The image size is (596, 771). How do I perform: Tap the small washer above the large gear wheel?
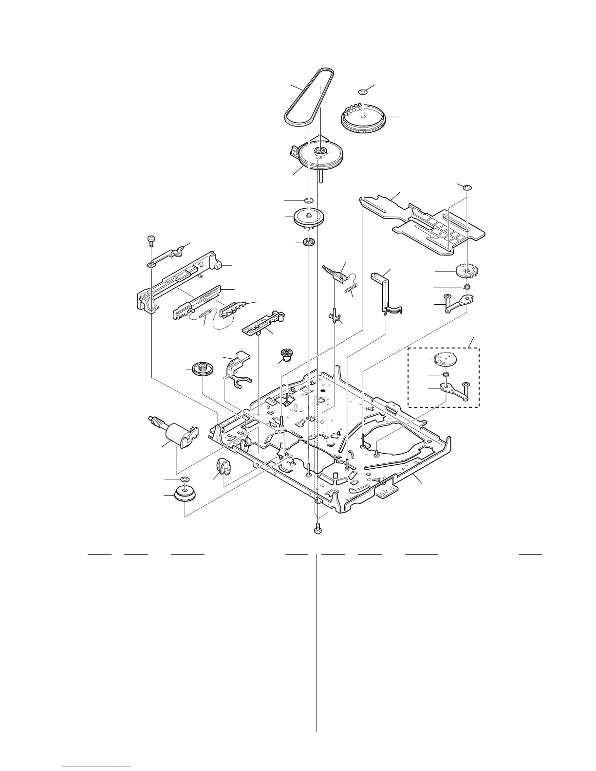363,92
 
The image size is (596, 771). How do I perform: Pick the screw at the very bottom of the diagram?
318,528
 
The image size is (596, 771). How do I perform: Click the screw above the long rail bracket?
150,239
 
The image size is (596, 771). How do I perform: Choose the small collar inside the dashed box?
444,375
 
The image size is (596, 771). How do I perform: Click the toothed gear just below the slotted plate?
466,270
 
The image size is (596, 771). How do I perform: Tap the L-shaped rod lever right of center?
387,292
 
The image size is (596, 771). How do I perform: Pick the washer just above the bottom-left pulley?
185,480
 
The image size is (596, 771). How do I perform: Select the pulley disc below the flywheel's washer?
309,216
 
